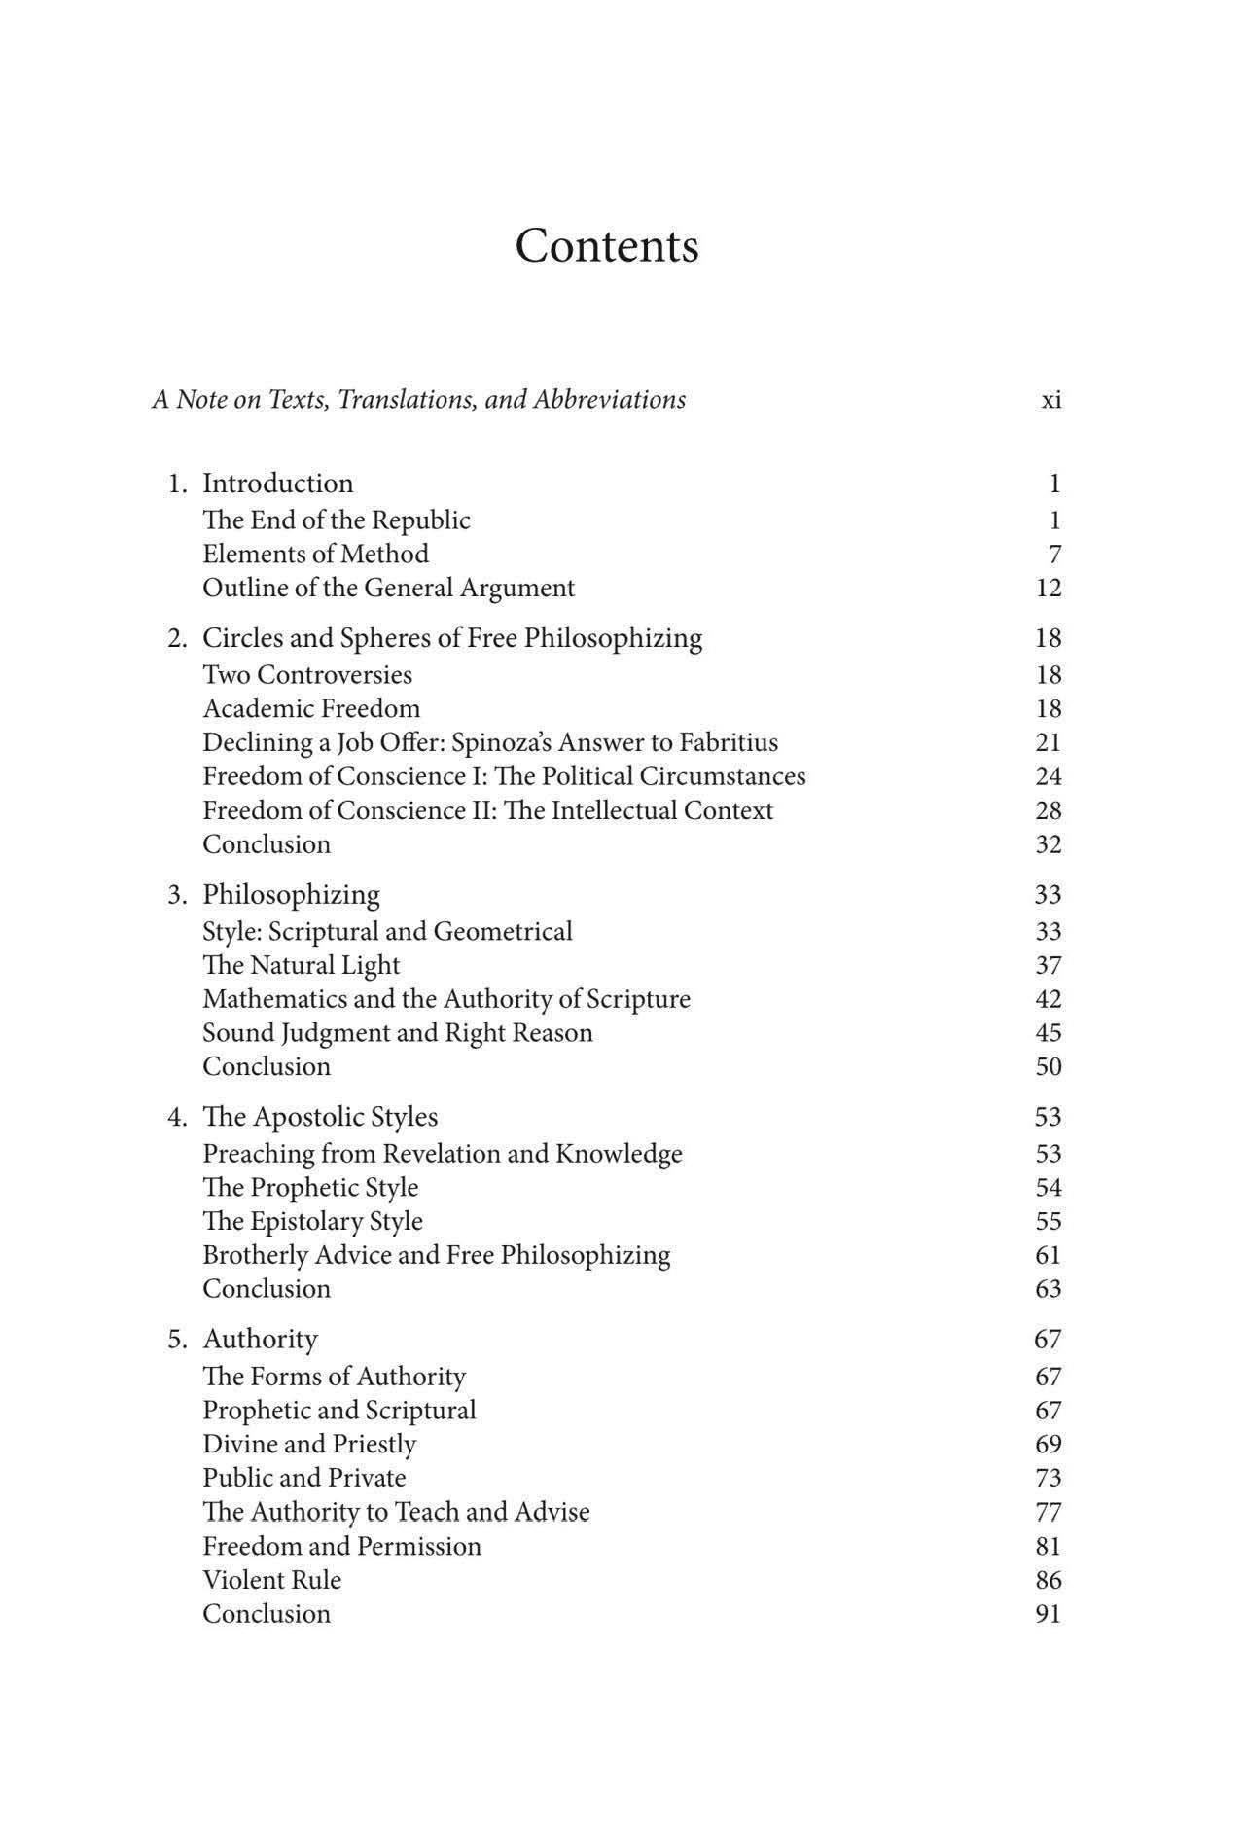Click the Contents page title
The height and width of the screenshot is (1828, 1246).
[606, 246]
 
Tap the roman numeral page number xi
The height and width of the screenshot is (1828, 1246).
[1050, 400]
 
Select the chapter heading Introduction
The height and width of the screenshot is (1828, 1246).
[277, 484]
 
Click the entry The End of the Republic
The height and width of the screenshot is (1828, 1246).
[336, 520]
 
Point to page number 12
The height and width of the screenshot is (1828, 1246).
[1049, 588]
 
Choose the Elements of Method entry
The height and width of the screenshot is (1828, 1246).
[315, 555]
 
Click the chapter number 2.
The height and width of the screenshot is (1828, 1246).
[176, 638]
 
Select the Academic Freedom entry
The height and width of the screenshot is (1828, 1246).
[311, 708]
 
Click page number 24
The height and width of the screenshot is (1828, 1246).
[1049, 776]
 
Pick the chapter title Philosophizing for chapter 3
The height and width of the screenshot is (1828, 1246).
[291, 895]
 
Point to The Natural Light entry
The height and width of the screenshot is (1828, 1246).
[301, 965]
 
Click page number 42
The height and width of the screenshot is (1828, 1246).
[1049, 999]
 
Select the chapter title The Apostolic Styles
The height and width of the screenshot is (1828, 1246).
[320, 1117]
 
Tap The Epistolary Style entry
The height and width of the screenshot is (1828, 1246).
[312, 1221]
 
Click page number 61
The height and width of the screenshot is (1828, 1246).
[1048, 1255]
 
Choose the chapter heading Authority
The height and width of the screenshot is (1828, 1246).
[260, 1340]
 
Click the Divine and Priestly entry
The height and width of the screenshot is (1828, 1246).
[309, 1444]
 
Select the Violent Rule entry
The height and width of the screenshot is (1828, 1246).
[271, 1580]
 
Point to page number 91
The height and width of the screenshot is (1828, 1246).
[1048, 1614]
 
